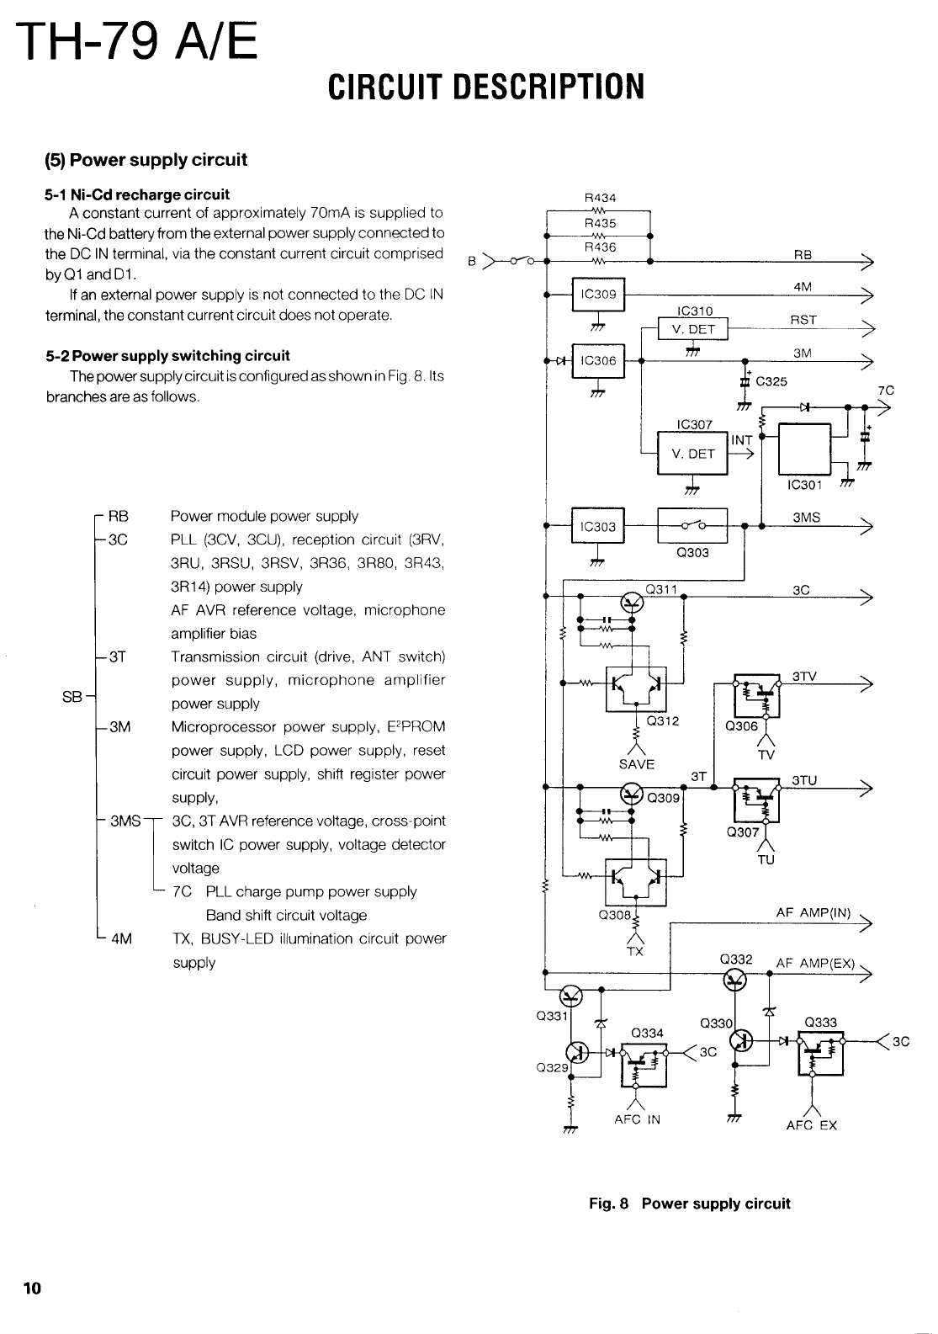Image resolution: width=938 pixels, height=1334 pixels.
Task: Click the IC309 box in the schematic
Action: pos(598,294)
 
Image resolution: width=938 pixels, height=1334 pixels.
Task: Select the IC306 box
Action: pos(598,361)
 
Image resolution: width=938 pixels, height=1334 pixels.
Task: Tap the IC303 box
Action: pos(598,527)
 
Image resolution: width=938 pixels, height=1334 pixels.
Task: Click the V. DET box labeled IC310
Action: pos(692,329)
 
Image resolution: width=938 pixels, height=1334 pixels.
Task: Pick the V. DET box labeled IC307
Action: pos(692,454)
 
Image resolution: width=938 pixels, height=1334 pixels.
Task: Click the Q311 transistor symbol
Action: pos(632,600)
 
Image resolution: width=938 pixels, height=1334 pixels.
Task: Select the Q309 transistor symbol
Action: pos(631,793)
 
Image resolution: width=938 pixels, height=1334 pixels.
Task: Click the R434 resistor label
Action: pos(600,199)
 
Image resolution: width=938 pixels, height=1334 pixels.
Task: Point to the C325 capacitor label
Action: pos(771,381)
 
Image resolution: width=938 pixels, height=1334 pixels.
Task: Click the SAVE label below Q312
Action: pos(636,764)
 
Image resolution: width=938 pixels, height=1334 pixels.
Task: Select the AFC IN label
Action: pos(638,1119)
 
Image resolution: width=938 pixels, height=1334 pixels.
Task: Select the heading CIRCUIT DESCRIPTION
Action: pos(486,86)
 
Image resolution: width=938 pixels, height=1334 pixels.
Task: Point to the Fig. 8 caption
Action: pos(689,1204)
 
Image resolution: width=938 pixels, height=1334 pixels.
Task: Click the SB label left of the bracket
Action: pos(72,696)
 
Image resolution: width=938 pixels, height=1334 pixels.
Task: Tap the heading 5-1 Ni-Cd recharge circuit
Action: pos(137,194)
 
